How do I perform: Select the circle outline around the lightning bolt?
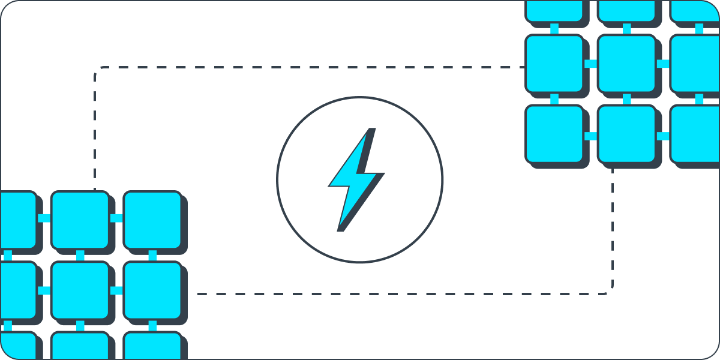coord(277,180)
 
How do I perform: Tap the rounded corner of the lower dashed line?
coord(610,292)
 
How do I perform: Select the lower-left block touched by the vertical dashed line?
coord(79,220)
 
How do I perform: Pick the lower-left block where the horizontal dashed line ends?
coord(152,290)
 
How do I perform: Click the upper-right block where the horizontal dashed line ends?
coord(554,63)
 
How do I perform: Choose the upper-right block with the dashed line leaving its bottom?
coord(626,134)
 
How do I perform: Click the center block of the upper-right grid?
coord(626,63)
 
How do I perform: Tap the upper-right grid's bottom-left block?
coord(554,134)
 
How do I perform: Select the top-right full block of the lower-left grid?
coord(152,220)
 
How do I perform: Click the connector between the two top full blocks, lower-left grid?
coord(116,218)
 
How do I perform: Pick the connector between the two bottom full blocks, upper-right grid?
coord(590,136)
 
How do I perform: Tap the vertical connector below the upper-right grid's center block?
coord(626,99)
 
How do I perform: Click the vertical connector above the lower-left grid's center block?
coord(80,256)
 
